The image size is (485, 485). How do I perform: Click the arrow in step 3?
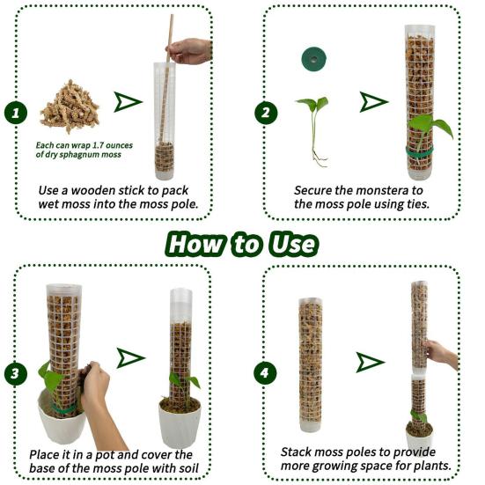[130, 356]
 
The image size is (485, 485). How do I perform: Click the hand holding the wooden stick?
[190, 50]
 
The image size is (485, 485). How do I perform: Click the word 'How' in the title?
[199, 243]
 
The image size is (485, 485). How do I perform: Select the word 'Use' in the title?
[291, 243]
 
